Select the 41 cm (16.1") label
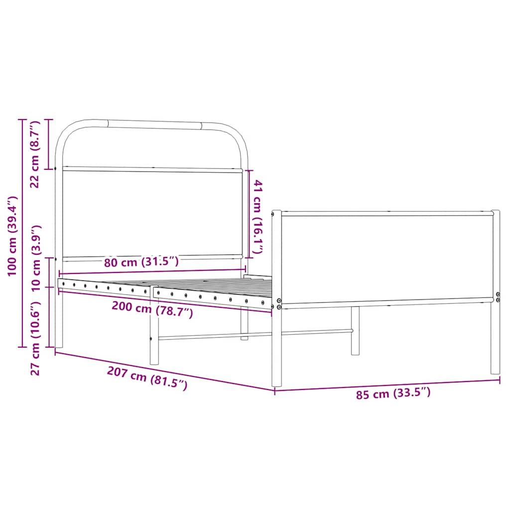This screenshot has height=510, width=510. (x=257, y=217)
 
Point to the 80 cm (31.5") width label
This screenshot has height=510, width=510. (x=141, y=261)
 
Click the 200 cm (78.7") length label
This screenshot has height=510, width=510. (x=151, y=310)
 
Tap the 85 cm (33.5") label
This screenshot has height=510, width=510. (x=393, y=394)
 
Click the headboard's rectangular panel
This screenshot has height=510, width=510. (x=152, y=214)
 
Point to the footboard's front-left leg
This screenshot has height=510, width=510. (x=276, y=349)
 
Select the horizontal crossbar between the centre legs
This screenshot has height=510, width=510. (x=254, y=334)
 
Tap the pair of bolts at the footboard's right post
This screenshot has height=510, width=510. (x=498, y=297)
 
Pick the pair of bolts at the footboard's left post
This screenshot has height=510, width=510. (x=279, y=304)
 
